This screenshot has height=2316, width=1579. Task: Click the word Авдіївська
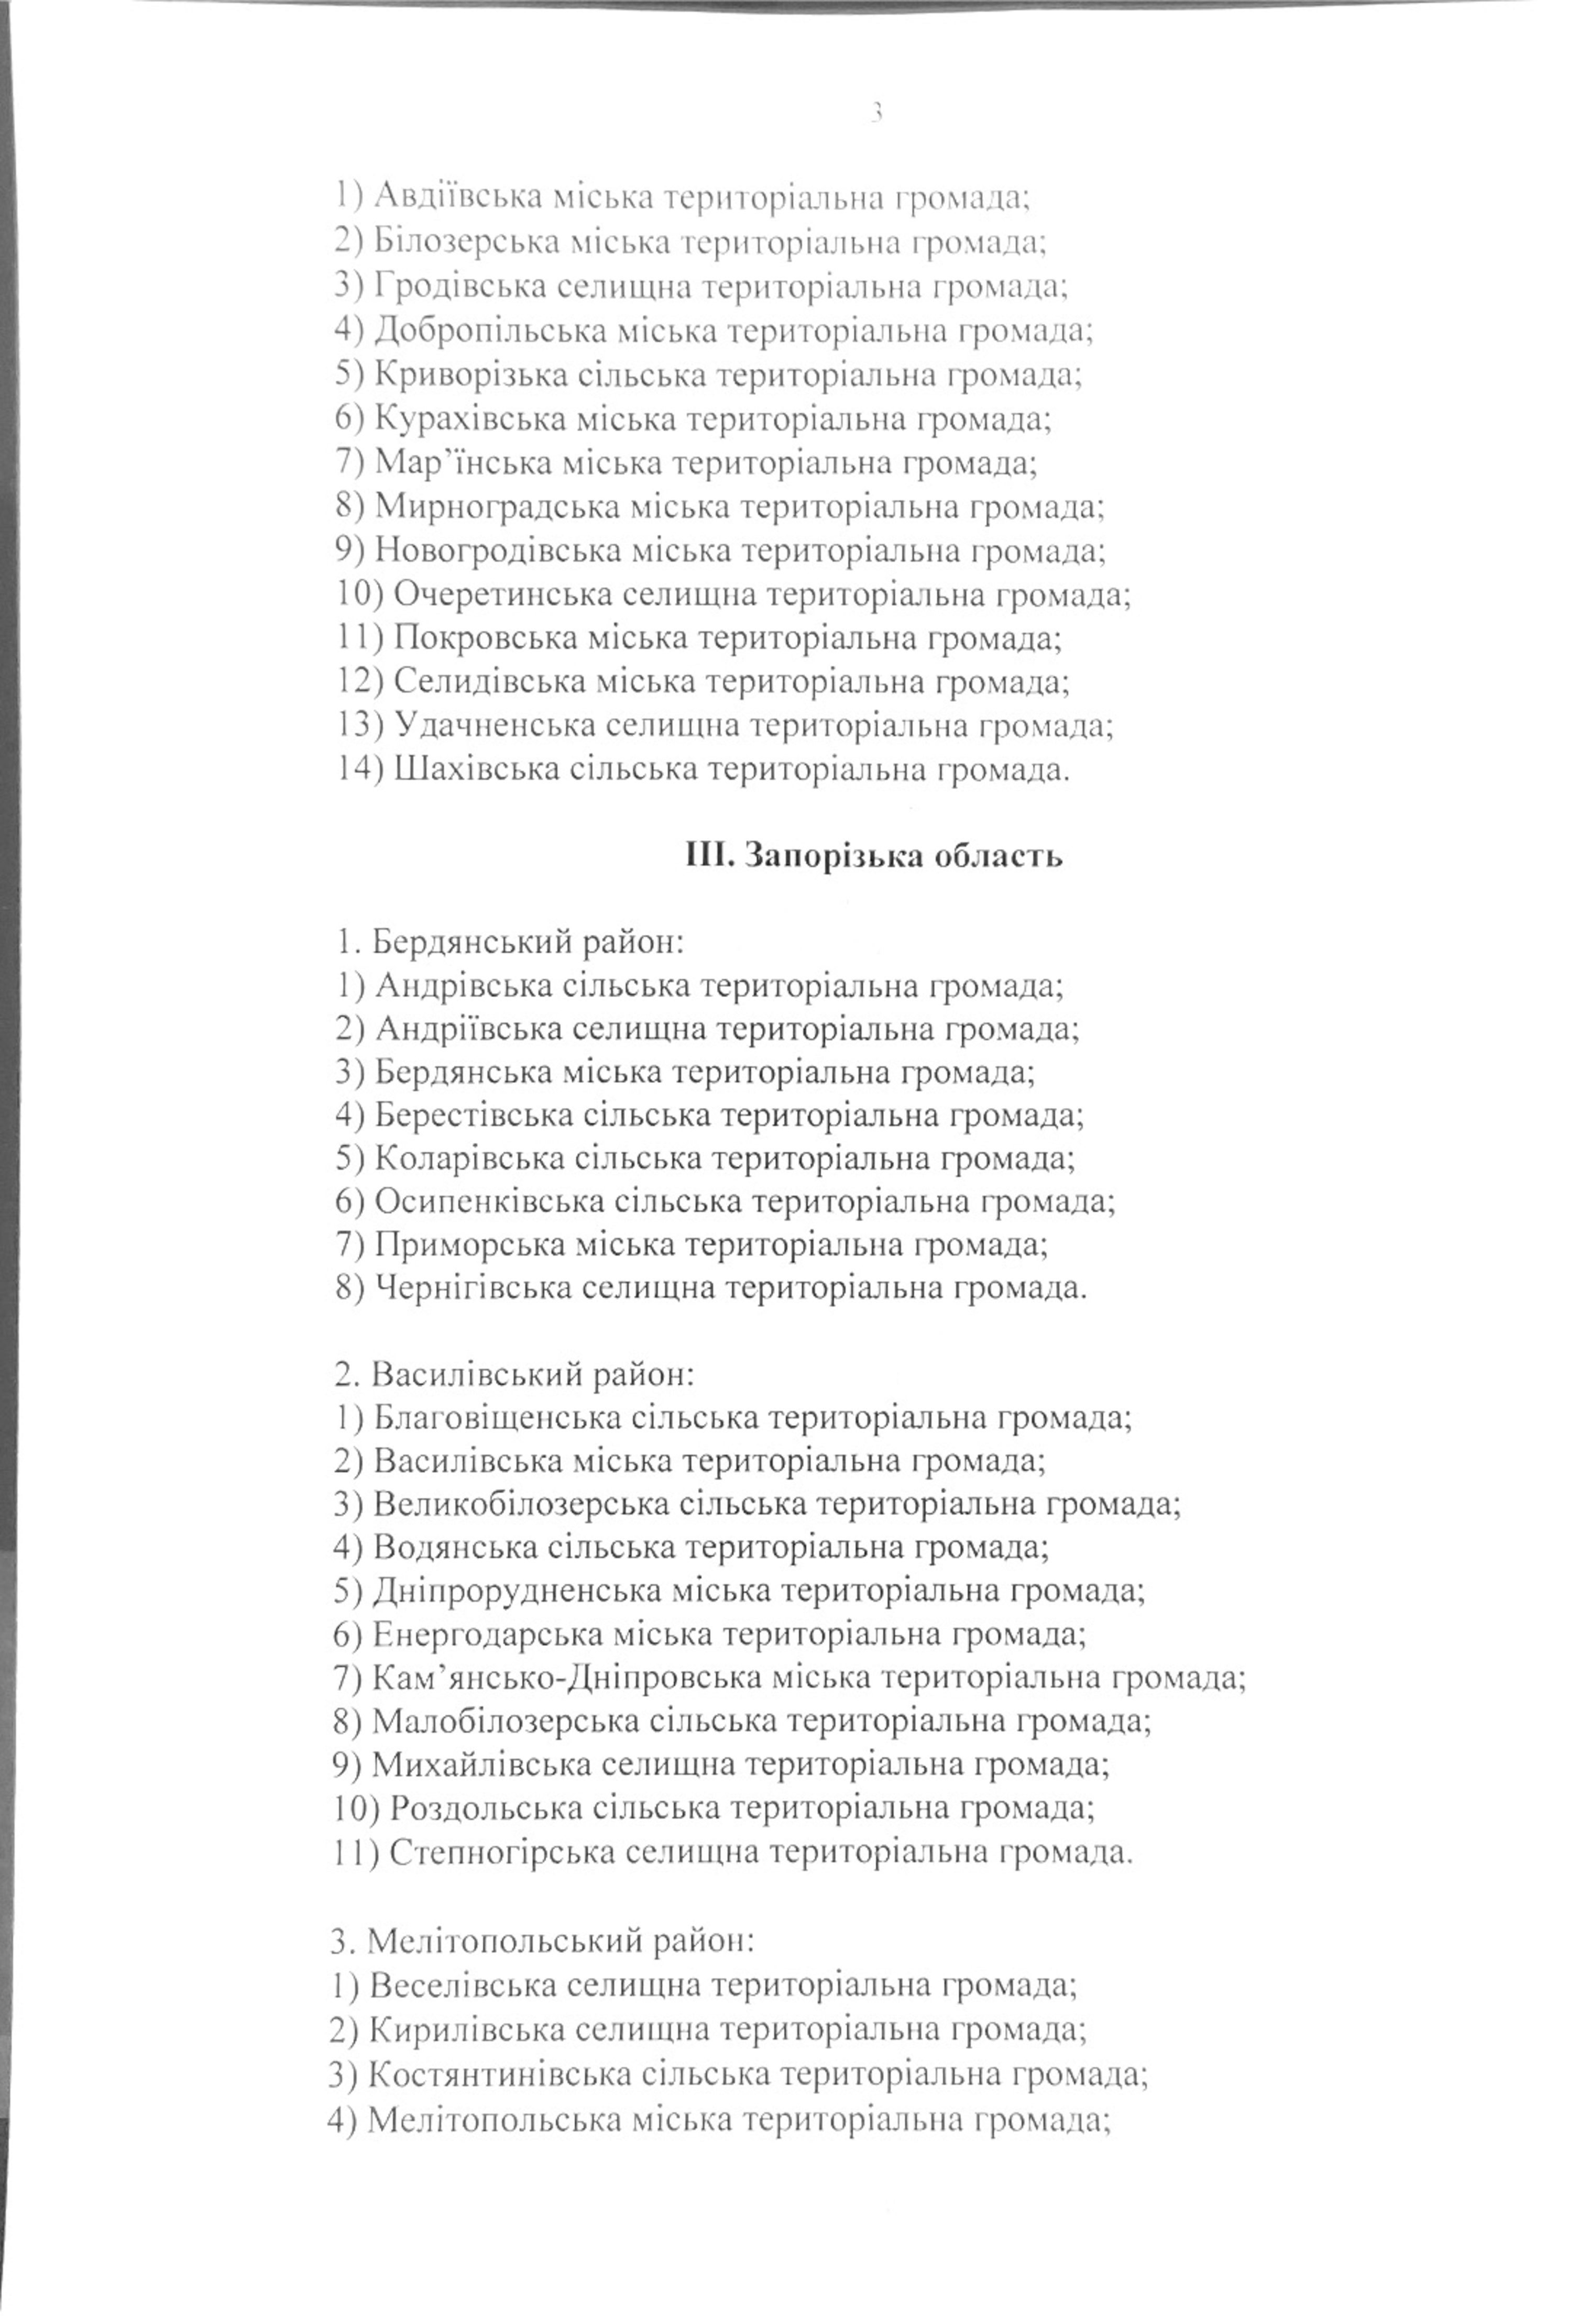458,197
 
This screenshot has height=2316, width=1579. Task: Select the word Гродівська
460,286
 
